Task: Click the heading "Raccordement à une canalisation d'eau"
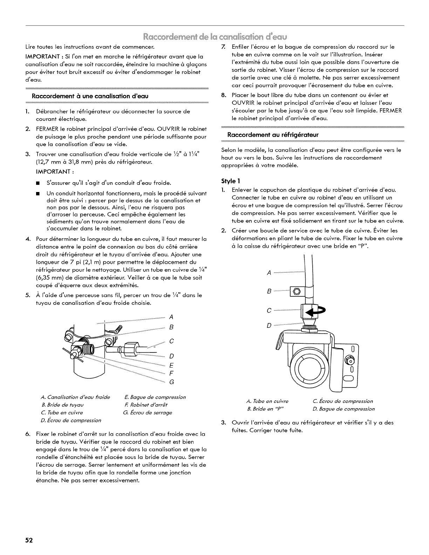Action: [x=91, y=96]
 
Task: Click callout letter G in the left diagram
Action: [x=171, y=382]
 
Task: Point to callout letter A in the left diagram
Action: [x=171, y=317]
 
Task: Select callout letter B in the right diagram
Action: [x=269, y=291]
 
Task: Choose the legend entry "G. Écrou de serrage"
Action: [x=148, y=412]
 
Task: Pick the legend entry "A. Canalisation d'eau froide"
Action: [x=75, y=397]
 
